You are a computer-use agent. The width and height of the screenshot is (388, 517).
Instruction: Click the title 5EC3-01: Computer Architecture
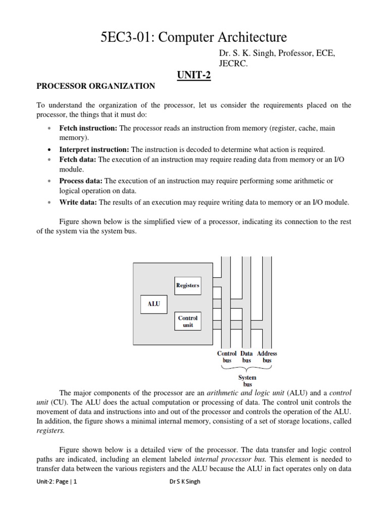coord(194,37)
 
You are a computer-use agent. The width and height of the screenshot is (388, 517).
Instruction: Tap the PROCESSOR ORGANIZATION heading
coord(96,86)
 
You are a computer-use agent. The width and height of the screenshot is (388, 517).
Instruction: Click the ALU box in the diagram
coord(153,304)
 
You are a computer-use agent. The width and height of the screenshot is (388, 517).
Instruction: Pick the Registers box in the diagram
coord(187,285)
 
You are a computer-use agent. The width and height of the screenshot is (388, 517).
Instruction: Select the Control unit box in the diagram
coord(187,322)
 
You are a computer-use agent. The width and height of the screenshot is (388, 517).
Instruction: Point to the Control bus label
coord(226,357)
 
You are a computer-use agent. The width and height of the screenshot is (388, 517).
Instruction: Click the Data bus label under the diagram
coord(247,357)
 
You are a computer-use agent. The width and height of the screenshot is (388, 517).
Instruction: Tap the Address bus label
coord(267,357)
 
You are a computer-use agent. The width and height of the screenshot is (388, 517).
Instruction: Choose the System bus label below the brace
coord(247,381)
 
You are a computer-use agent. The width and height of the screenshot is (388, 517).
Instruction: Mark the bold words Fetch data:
coord(78,160)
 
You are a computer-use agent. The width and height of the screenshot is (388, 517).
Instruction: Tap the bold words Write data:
coord(78,202)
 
